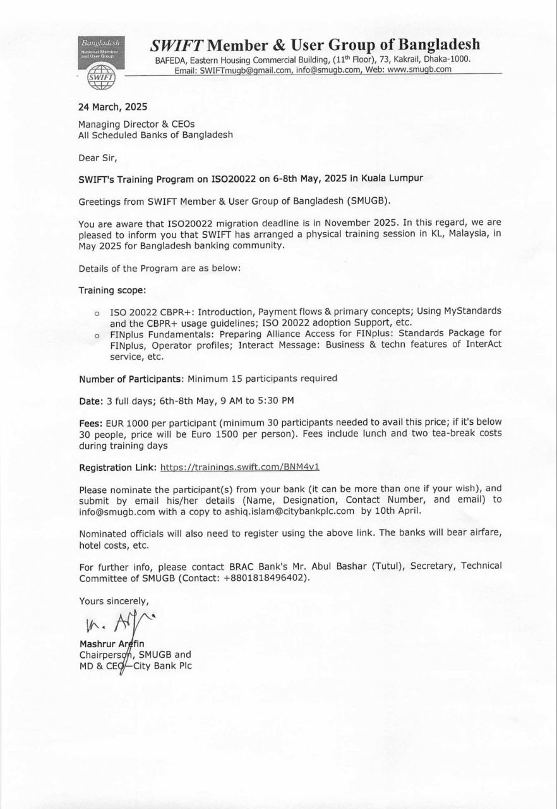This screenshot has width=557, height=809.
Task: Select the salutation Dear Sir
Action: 98,157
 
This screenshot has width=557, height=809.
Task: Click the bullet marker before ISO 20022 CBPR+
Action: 97,312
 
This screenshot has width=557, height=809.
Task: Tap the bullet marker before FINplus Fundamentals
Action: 97,335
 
